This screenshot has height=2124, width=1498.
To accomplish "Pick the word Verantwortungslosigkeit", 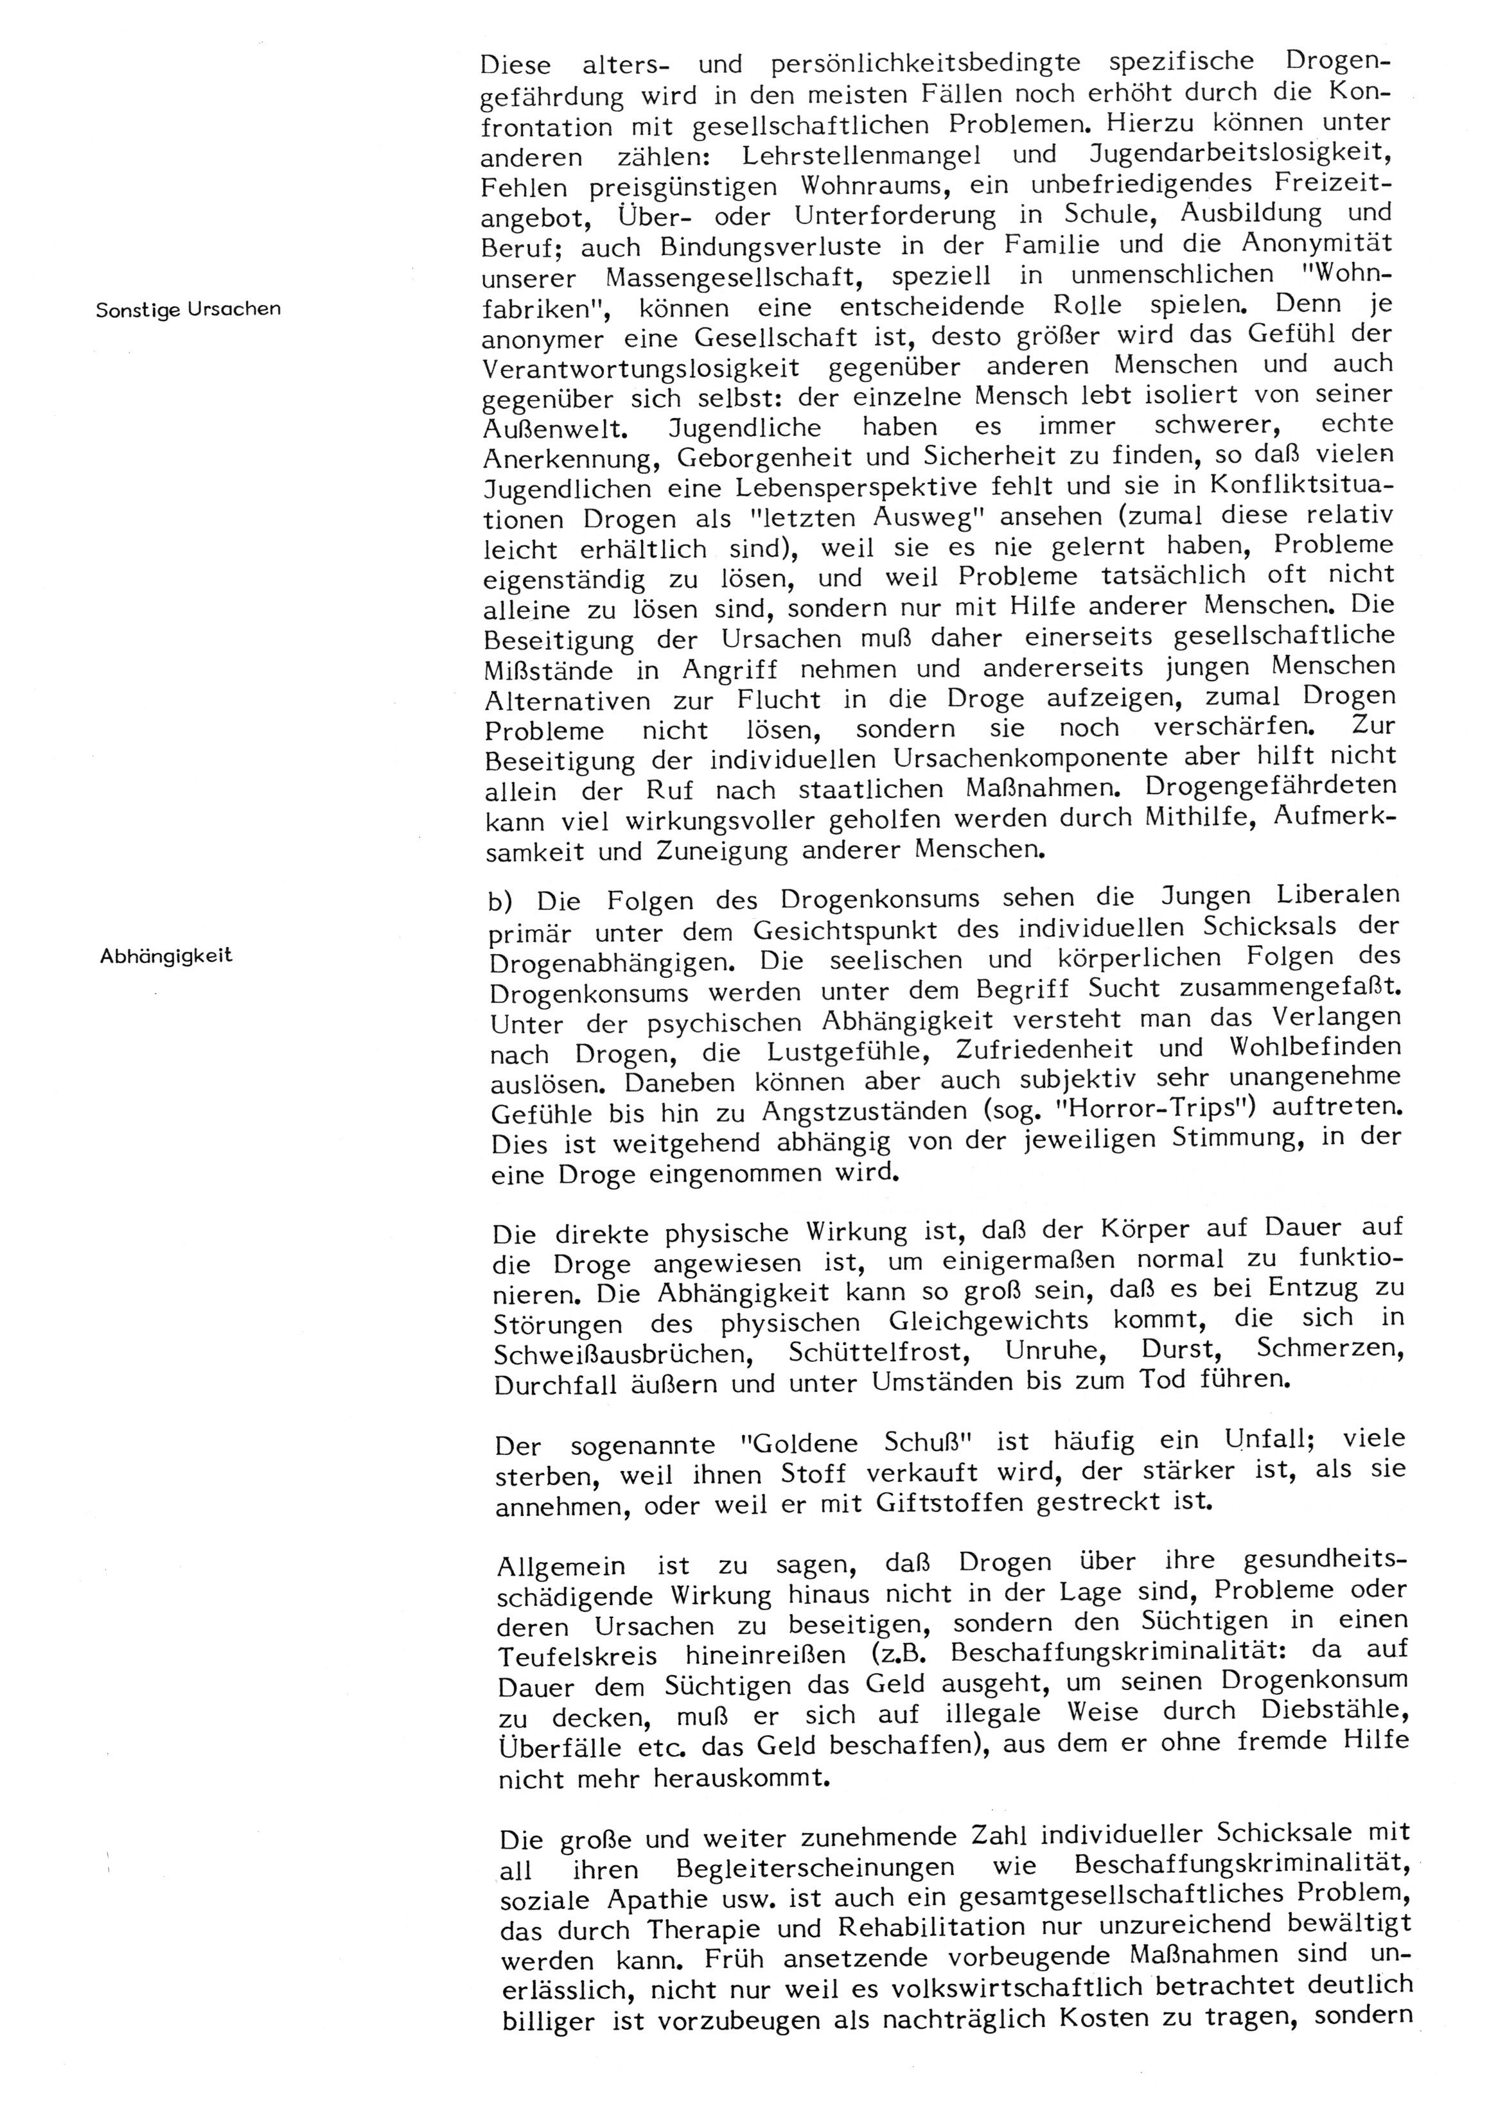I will click(x=641, y=367).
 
